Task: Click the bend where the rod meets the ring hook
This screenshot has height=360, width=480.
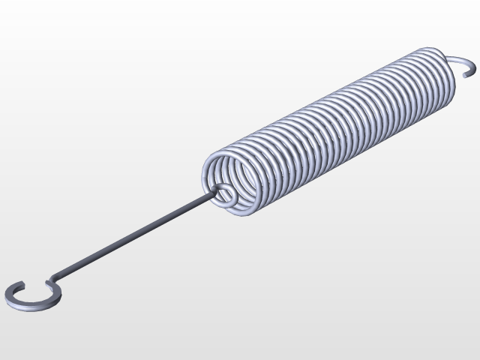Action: coord(52,284)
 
